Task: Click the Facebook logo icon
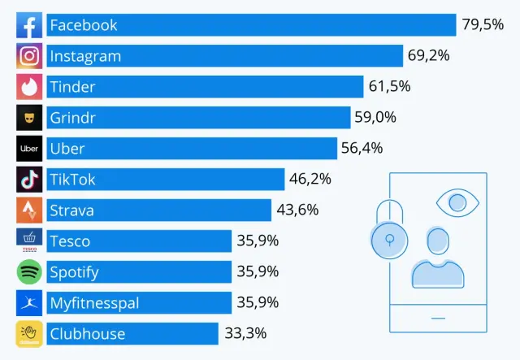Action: [29, 25]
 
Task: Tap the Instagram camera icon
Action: [29, 56]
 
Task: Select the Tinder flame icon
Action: [29, 87]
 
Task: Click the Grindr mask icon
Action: [29, 118]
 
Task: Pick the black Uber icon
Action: [29, 149]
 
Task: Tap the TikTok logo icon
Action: [29, 180]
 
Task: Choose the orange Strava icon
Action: [29, 210]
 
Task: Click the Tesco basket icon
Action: [29, 241]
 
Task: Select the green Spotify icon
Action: [29, 271]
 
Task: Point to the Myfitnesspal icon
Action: [29, 302]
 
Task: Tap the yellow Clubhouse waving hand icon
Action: [29, 333]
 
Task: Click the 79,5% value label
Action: [483, 25]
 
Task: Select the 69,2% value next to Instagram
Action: [429, 56]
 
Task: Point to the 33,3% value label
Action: [245, 333]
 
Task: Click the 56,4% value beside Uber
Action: [362, 149]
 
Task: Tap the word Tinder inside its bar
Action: [72, 87]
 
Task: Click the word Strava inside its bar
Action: [71, 210]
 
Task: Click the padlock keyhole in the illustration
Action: [390, 239]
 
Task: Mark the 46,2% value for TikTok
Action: [310, 180]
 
